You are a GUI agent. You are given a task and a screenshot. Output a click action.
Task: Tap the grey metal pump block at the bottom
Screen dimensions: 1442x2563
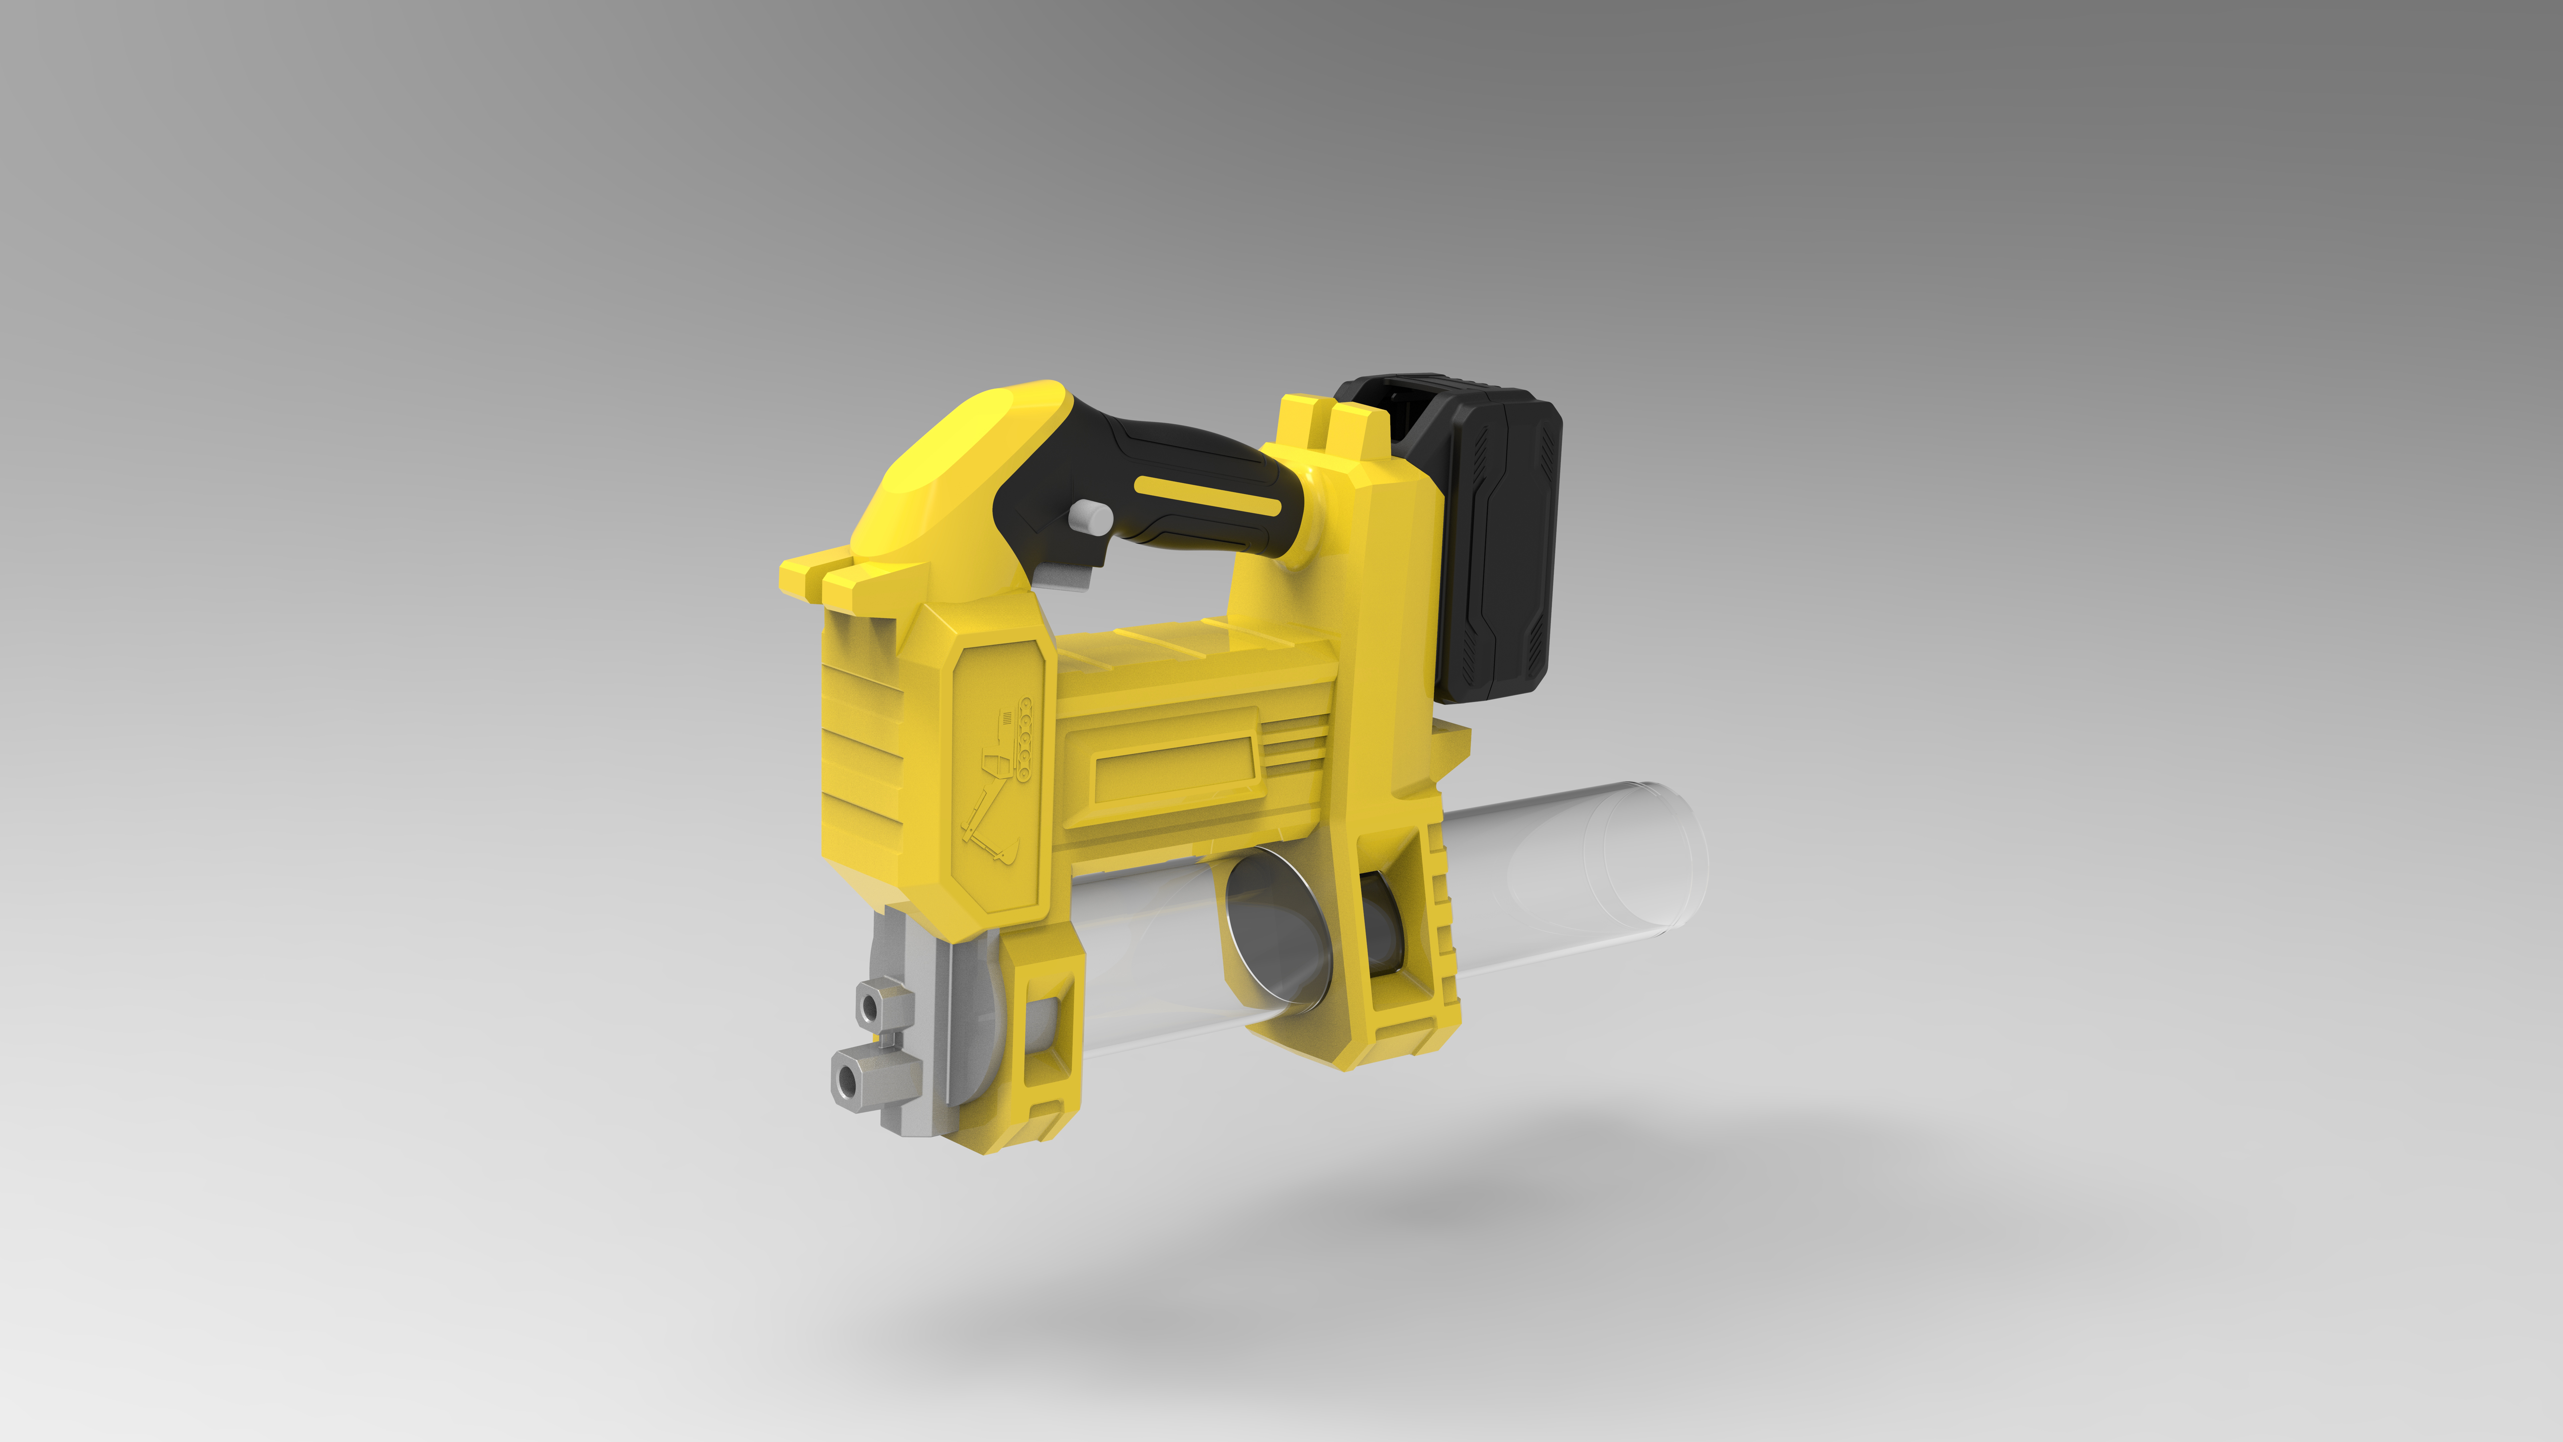[910, 1035]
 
